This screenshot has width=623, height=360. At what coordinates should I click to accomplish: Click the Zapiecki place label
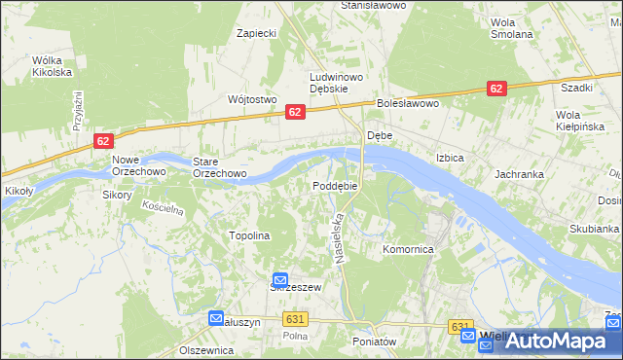coord(258,33)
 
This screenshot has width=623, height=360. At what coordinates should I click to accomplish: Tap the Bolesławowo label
coord(409,103)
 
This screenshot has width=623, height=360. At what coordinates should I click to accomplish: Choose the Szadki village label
coord(576,87)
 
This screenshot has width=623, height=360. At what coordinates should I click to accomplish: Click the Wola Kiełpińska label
coord(580,120)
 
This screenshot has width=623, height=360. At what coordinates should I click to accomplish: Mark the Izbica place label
coord(450,157)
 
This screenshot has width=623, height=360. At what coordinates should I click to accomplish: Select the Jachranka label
coord(518,174)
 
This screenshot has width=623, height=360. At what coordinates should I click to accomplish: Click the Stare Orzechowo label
coord(219,167)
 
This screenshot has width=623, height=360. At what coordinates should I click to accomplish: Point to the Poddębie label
coord(336,186)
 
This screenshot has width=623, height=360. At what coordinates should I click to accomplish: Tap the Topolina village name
coord(248,235)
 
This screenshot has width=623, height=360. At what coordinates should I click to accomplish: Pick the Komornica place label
coord(408,250)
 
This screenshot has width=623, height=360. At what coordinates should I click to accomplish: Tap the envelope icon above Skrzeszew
coord(279,279)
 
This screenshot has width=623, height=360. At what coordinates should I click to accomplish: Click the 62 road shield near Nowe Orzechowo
coord(104,141)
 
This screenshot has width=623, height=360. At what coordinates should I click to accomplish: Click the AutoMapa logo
coord(551,341)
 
